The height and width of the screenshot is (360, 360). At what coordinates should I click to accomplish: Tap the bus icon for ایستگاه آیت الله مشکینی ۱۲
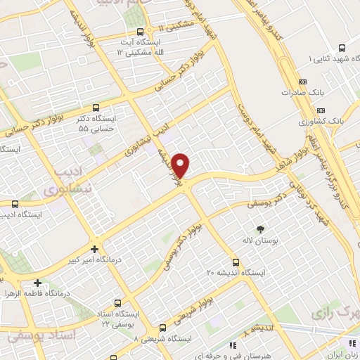tap(140, 32)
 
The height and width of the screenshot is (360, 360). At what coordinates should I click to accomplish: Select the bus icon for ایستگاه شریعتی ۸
tap(162, 328)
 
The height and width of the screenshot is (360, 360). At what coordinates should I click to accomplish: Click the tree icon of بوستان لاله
tap(260, 229)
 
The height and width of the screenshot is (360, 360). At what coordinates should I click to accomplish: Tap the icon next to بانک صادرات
tap(321, 92)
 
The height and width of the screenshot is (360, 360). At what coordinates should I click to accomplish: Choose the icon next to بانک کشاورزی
tap(321, 110)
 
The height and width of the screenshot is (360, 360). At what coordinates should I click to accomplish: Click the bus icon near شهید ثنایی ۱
tap(342, 48)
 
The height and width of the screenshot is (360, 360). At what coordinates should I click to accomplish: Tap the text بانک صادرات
tap(295, 92)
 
